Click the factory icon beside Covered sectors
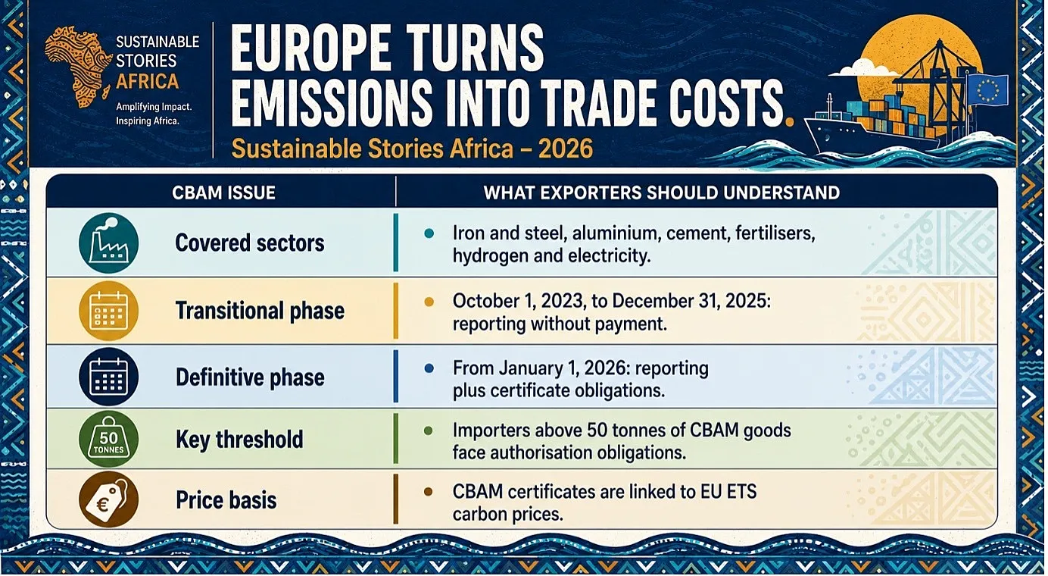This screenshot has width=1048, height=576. tap(108, 243)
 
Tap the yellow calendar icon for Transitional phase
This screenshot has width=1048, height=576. tap(108, 311)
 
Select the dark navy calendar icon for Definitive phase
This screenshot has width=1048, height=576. tap(108, 377)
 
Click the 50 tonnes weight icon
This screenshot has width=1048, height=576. tap(108, 440)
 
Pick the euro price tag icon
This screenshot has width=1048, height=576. tap(108, 499)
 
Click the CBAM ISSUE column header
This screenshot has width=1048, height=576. tap(223, 193)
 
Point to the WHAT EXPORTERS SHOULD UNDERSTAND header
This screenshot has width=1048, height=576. tap(662, 193)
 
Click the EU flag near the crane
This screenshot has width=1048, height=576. tap(987, 90)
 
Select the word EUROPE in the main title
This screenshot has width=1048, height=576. tap(310, 49)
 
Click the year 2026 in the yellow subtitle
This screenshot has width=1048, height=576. tap(566, 149)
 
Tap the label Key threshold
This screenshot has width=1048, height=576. tap(239, 440)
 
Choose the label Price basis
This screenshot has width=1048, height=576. tap(226, 499)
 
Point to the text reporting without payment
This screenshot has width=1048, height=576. tap(560, 324)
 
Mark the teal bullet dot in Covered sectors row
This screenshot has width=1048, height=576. tap(429, 233)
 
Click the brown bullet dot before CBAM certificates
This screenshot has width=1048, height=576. tap(428, 492)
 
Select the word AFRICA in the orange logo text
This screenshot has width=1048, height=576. tap(148, 81)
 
